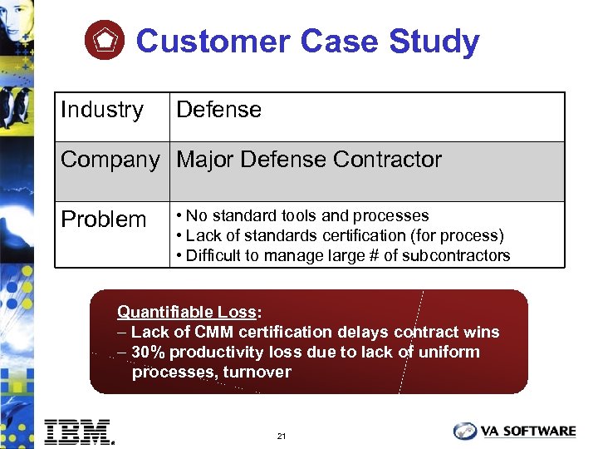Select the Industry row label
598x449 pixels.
[x=102, y=110]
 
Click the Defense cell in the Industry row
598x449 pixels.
[x=219, y=110]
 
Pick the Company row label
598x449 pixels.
[x=110, y=160]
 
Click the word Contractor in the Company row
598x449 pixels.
[x=385, y=160]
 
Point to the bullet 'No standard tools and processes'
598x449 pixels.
[x=303, y=216]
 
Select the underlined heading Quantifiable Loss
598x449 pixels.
[x=186, y=313]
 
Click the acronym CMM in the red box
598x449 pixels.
[x=215, y=332]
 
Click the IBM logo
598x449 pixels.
[x=79, y=432]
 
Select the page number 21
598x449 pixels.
[x=282, y=436]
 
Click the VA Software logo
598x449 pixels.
[x=514, y=431]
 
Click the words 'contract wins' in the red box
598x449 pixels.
[x=447, y=332]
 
